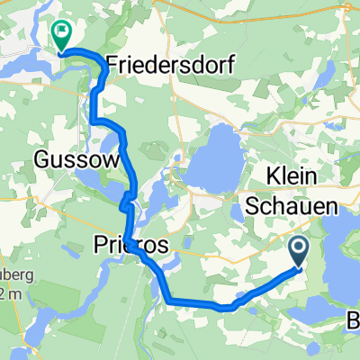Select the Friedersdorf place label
pos(170,65)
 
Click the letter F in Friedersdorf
pos(113,65)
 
